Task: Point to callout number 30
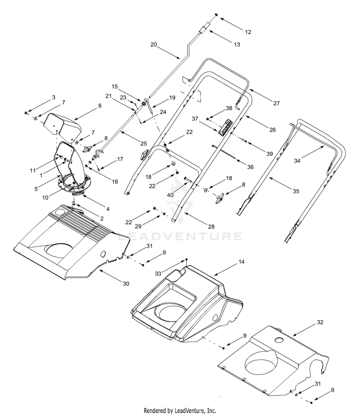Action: (126, 284)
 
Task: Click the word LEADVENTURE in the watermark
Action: (180, 236)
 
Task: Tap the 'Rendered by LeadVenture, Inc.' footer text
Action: (180, 410)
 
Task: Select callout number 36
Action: (250, 167)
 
